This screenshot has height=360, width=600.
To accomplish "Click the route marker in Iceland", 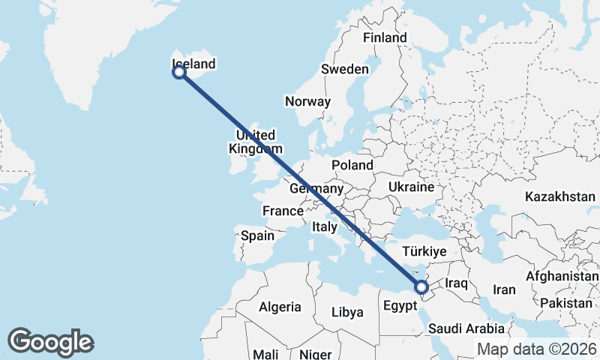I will pos(179,72).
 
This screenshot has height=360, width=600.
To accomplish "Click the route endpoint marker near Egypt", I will pos(421,286).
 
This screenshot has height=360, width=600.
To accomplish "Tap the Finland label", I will pos(384,37).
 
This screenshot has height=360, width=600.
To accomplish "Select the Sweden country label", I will pos(345,69).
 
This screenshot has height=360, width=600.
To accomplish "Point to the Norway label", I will pos(307,101).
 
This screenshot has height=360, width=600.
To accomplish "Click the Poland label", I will pos(352,164).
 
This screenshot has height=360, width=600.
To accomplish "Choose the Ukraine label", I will pos(412,186).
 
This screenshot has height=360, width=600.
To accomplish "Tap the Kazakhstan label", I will pos(560,196).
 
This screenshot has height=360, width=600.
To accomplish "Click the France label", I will pos(283,211).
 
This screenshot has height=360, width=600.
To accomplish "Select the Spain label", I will pos(257,235).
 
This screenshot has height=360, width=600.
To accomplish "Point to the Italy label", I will pos(325,226).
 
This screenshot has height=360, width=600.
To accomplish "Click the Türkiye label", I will pos(424,251).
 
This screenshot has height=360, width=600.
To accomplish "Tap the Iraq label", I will pos(456,283).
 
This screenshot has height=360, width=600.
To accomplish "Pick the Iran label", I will pos(503,289).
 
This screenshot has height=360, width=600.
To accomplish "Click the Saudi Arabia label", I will pos(466,328).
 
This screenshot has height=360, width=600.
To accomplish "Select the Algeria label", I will pos(280,307).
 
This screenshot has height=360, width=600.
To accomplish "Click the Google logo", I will pos(50,342).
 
